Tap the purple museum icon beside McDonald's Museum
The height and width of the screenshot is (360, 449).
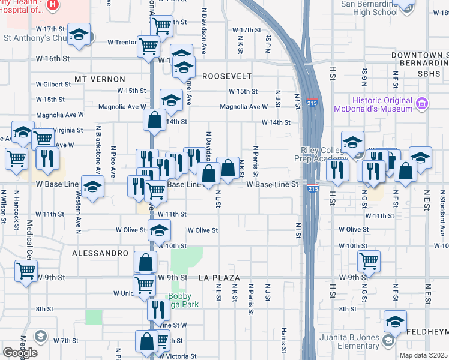pos(421,104)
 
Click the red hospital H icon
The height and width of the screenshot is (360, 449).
pos(53,5)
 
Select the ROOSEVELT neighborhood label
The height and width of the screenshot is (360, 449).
pos(226,76)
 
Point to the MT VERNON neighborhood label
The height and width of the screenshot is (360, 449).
pos(100,79)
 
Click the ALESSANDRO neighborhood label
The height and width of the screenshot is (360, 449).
pos(100,254)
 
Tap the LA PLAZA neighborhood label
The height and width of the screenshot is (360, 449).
pos(220,278)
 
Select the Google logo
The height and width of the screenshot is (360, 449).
pos(20,352)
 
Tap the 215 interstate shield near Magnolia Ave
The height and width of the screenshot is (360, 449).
pos(313,103)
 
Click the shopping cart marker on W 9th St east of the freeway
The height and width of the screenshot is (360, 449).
pos(369,261)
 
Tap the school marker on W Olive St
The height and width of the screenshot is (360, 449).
pos(159,230)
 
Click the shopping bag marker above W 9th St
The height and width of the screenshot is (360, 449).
pos(146,262)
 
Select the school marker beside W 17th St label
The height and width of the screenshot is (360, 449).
pos(79,35)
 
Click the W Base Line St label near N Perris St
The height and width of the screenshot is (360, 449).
pos(272,184)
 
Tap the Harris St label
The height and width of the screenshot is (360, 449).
pos(283,340)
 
